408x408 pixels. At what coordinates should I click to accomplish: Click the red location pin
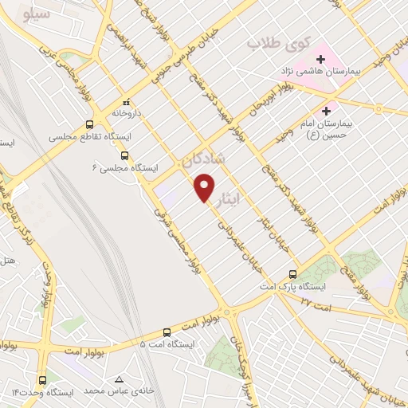pos(205,187)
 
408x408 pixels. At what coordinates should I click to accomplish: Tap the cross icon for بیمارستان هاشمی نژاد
pos(320,59)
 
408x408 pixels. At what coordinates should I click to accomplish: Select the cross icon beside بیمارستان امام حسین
pos(326,110)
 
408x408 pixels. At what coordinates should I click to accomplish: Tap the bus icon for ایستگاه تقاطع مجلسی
pos(89,124)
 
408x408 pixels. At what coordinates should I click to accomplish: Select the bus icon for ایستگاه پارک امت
pos(293,273)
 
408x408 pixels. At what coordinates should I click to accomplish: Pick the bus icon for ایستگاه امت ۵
pos(167,331)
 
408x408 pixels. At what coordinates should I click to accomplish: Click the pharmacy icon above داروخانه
pos(126,102)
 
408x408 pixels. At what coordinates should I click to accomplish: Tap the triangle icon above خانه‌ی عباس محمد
pos(120,379)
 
